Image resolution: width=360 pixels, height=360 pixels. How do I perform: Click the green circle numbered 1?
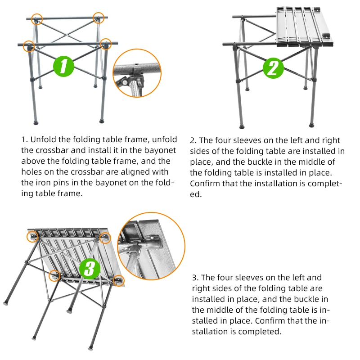(x=63, y=66)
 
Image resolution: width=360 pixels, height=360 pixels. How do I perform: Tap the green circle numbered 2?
(x=273, y=68)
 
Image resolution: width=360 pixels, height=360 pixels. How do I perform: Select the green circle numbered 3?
(x=90, y=269)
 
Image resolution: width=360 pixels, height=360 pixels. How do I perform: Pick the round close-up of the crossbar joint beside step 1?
(x=137, y=73)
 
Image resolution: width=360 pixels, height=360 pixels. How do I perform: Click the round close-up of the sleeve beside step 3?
(x=151, y=246)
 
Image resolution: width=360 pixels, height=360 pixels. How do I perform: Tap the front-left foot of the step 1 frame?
(x=36, y=122)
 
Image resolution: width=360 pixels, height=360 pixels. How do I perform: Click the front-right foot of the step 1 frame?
(x=102, y=121)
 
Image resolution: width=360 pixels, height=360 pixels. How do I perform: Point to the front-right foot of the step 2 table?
(x=311, y=125)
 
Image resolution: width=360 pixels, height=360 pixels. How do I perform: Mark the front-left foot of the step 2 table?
(x=242, y=126)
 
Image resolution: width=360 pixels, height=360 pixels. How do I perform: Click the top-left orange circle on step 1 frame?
(x=37, y=19)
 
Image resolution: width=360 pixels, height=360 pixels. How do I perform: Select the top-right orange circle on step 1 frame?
(x=99, y=18)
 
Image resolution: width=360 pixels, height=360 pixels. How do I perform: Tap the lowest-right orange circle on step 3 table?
(x=119, y=280)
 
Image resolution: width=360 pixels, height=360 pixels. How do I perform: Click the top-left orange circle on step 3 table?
(x=32, y=237)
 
